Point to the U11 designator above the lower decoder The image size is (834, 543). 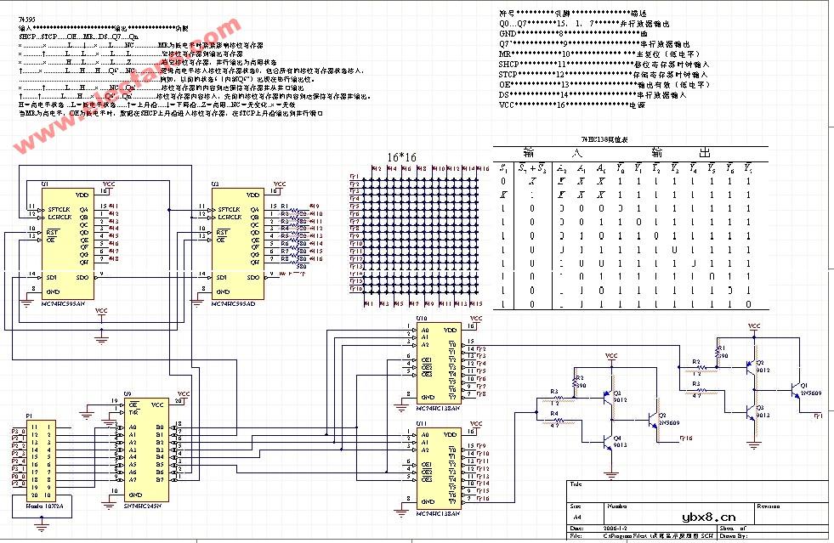pos(421,422)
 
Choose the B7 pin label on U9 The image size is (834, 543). pos(158,480)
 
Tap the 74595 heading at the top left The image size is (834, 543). pos(26,17)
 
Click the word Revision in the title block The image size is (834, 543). pos(768,505)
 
